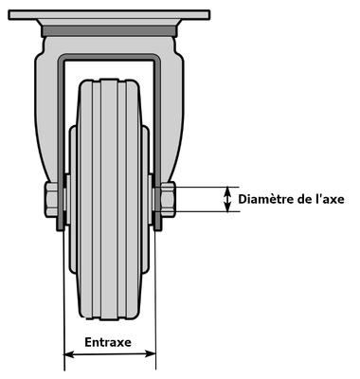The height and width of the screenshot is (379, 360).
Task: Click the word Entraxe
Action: [x=108, y=342]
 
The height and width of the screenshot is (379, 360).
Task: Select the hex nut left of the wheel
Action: [x=51, y=199]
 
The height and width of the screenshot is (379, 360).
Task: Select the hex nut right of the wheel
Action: [x=168, y=199]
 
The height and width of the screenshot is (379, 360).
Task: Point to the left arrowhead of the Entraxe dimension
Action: [x=68, y=354]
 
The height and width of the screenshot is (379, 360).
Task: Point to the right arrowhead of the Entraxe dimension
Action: [x=151, y=353]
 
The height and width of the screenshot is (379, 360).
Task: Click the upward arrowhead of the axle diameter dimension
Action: [x=227, y=190]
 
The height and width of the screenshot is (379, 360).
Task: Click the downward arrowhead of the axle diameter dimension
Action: [x=227, y=208]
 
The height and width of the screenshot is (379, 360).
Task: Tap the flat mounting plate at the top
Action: [x=109, y=14]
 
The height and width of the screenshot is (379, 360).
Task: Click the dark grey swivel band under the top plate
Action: [x=109, y=31]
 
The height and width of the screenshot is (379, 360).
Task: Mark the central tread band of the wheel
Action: [x=109, y=199]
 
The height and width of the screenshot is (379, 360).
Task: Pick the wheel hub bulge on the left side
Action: [x=73, y=199]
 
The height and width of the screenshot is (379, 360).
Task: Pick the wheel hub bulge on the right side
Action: [x=146, y=199]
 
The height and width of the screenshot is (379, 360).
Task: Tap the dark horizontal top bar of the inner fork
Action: [x=109, y=57]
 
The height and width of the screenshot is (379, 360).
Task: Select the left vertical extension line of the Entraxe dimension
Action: [x=63, y=300]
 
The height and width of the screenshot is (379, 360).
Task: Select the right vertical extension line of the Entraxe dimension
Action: [x=155, y=300]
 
